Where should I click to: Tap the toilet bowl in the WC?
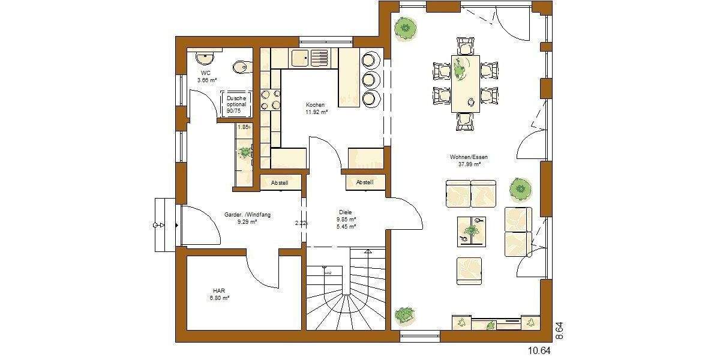point(241,66)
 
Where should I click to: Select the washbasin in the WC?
point(205,58)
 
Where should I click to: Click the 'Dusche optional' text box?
point(236,104)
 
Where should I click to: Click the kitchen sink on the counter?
point(310,58)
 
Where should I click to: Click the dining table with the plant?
point(466,82)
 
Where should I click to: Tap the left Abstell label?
point(280,182)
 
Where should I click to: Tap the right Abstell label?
point(364,182)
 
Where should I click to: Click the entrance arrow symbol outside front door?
point(160,225)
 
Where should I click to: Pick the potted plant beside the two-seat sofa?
point(520,189)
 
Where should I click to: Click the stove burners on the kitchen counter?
point(270,99)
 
